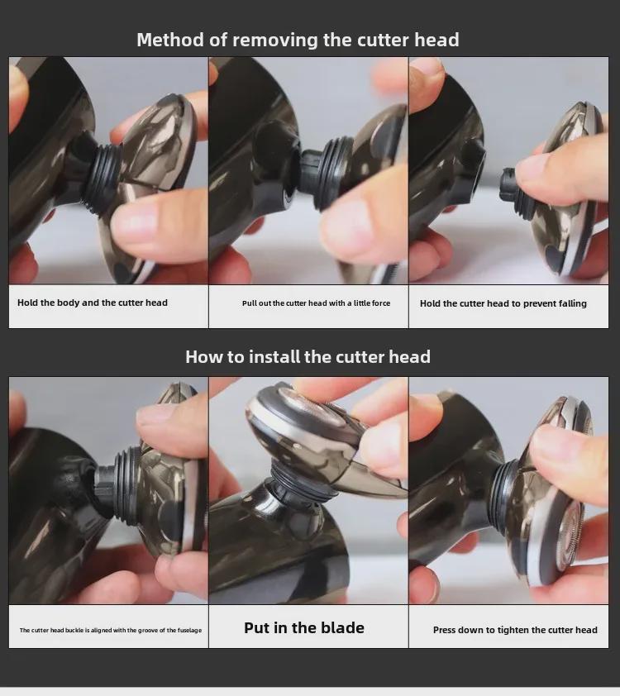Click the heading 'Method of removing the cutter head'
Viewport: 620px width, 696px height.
298,40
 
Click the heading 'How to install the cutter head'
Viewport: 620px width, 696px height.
308,357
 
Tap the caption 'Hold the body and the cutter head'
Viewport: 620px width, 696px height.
93,303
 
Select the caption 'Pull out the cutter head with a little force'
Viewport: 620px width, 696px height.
316,303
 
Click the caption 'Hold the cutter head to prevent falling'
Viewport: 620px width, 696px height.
503,303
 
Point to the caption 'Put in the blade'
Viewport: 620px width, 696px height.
304,628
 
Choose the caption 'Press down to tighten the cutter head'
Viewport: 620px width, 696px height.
515,630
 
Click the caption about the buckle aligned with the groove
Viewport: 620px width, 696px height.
111,630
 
